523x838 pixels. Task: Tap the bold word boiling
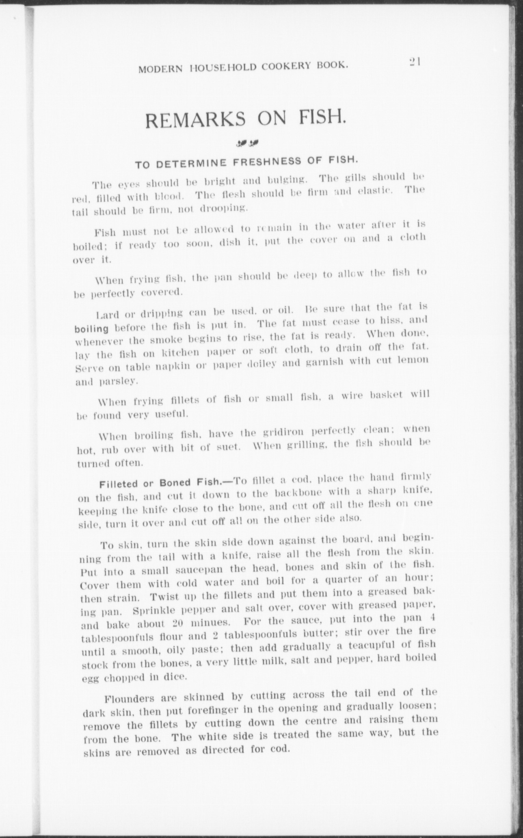click(92, 328)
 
